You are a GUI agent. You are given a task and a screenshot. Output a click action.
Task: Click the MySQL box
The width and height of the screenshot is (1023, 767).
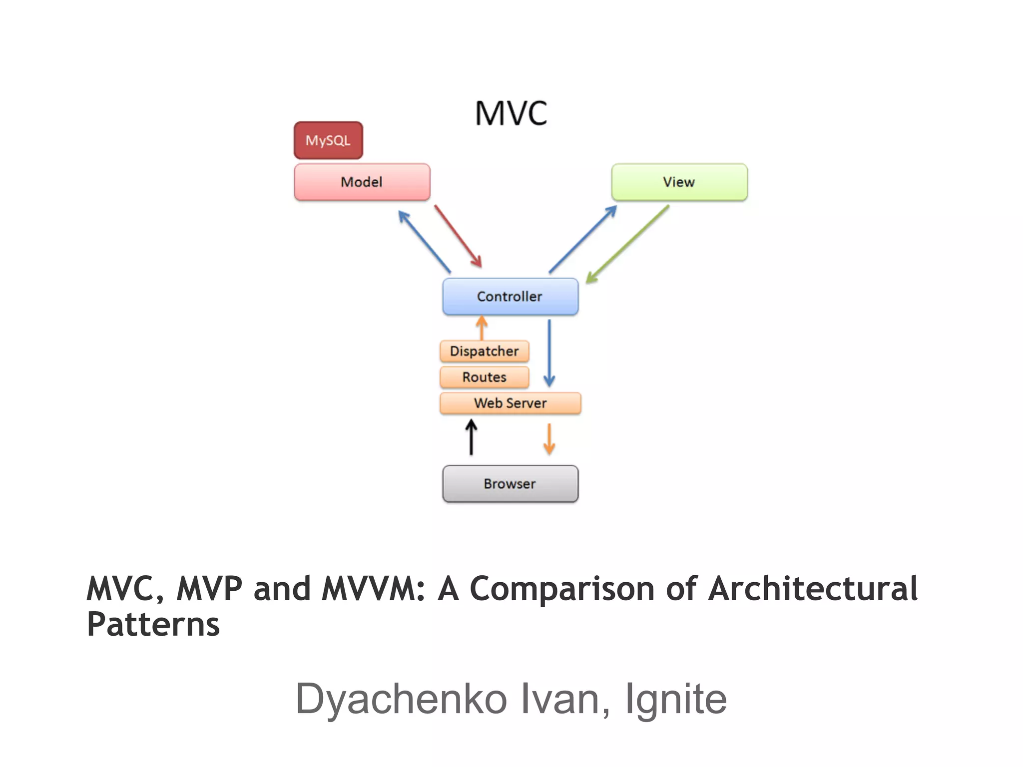(328, 140)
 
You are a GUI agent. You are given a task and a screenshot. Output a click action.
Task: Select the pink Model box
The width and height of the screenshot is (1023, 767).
(362, 182)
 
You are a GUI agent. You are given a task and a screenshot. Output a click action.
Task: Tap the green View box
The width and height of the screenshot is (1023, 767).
(679, 182)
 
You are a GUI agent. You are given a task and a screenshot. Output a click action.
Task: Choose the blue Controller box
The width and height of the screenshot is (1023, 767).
(510, 297)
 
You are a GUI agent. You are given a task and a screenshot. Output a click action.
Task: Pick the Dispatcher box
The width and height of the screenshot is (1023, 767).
(484, 351)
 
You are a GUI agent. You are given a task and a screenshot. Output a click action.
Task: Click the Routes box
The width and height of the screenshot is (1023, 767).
(484, 377)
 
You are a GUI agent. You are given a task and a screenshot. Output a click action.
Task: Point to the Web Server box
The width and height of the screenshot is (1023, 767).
(510, 403)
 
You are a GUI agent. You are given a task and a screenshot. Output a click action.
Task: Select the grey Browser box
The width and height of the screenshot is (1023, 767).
(510, 483)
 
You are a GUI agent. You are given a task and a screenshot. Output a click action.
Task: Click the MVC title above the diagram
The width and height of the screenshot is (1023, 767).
(511, 113)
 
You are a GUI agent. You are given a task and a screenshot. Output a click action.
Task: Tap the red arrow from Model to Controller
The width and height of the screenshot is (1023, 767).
(458, 236)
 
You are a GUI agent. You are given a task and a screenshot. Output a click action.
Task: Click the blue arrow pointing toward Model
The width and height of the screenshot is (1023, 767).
(425, 242)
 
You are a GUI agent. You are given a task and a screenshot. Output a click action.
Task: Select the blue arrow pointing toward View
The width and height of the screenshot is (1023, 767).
(583, 239)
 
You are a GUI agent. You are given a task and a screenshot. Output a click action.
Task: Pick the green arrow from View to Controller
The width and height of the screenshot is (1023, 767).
(628, 244)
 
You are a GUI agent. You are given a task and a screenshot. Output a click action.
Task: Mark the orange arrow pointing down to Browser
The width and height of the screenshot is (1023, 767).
(549, 439)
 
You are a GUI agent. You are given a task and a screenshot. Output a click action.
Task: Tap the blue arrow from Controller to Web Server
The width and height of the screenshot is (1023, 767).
(549, 353)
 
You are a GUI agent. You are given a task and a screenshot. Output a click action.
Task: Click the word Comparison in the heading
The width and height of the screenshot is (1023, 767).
(562, 589)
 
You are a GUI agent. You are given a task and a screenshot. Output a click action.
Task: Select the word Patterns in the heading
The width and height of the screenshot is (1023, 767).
(153, 625)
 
